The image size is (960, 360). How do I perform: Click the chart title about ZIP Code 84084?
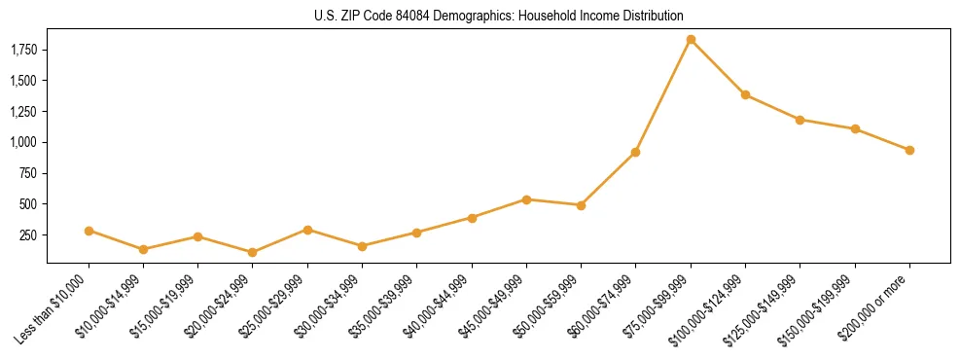pos(499,16)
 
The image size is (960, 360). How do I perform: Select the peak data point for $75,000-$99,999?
pos(691,40)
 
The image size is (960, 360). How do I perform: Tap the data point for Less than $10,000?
pos(89,231)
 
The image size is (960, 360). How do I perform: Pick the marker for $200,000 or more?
pos(909,150)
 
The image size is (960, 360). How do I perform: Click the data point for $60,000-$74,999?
pos(635,152)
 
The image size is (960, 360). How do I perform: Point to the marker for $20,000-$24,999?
pos(253,252)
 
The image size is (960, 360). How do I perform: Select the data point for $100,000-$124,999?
pos(745,94)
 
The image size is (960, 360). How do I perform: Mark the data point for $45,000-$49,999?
pos(526,199)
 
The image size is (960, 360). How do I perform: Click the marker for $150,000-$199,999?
pos(855,128)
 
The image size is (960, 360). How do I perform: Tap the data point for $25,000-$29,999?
pos(307,230)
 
